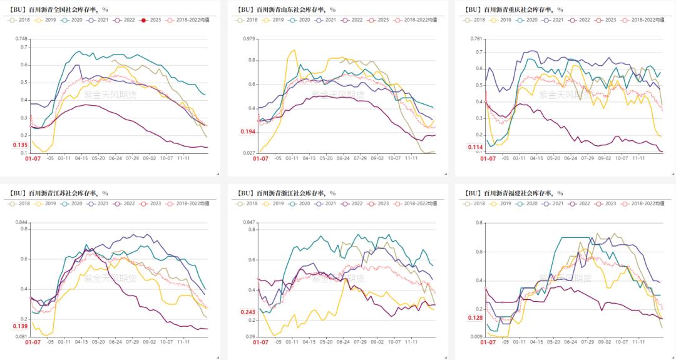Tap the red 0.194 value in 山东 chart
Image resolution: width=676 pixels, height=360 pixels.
pyautogui.click(x=248, y=131)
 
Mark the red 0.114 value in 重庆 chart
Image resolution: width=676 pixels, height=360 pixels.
pyautogui.click(x=476, y=148)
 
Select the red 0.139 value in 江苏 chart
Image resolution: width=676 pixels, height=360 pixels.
pyautogui.click(x=20, y=326)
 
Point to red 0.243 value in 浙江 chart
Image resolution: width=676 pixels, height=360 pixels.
pyautogui.click(x=248, y=312)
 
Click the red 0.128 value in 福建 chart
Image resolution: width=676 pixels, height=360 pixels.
pyautogui.click(x=476, y=317)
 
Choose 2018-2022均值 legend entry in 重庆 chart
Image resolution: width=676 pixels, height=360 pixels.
pyautogui.click(x=648, y=20)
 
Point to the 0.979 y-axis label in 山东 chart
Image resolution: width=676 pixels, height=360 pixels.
pyautogui.click(x=249, y=38)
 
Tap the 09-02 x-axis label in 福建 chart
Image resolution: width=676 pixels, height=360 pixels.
pyautogui.click(x=605, y=342)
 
